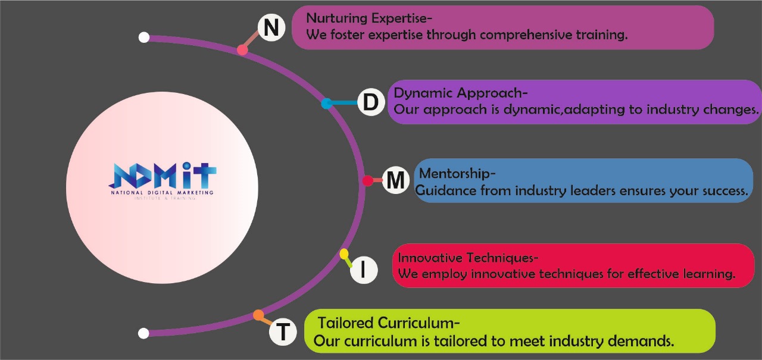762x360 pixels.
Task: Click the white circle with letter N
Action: tap(271, 27)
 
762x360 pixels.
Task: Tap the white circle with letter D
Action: tap(370, 102)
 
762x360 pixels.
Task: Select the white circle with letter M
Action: tap(395, 180)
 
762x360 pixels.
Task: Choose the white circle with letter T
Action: tap(283, 331)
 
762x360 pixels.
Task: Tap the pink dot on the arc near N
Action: tap(242, 50)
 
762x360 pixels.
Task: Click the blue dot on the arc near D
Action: tap(326, 104)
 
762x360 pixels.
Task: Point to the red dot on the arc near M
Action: tap(368, 180)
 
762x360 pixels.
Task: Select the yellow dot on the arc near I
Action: tap(344, 254)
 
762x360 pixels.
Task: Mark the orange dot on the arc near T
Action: tap(258, 314)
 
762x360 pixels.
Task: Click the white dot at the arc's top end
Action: tap(143, 37)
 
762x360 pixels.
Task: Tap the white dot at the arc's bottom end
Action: tap(143, 333)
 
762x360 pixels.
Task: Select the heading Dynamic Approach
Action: tap(461, 93)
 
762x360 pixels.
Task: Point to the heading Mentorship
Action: tap(457, 174)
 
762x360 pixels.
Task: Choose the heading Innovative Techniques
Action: tap(468, 258)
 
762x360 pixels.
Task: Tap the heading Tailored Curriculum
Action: tap(388, 324)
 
